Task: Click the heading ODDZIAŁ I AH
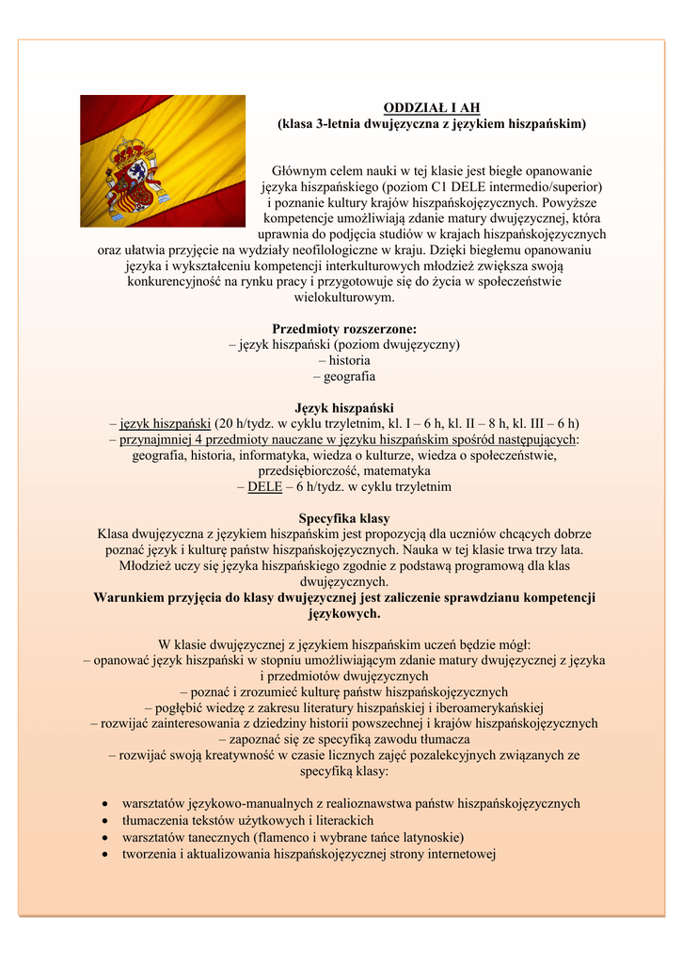pos(431,108)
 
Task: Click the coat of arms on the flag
pos(133,177)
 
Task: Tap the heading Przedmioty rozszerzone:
pos(344,328)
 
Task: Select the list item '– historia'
pos(344,360)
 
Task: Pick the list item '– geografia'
pos(344,376)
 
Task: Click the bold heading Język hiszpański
pos(344,407)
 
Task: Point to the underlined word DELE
pos(264,487)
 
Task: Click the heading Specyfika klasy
pos(344,518)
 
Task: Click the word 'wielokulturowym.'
pos(344,297)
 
